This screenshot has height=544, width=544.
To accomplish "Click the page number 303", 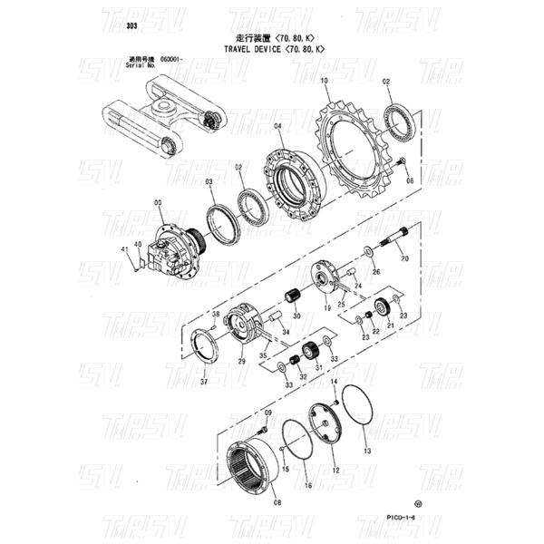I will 131,25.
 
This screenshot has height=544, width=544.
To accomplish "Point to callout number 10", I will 324,82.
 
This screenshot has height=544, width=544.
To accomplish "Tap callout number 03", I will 209,182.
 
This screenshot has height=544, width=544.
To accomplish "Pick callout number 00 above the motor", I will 158,204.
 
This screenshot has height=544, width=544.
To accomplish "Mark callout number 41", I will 125,249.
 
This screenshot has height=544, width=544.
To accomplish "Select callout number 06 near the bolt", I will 409,181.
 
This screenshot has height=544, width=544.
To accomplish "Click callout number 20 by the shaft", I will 405,258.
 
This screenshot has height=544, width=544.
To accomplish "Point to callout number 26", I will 376,271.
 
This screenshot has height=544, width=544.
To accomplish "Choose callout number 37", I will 204,383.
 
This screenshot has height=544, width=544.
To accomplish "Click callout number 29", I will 242,361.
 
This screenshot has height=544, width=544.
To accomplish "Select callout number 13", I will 366,450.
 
